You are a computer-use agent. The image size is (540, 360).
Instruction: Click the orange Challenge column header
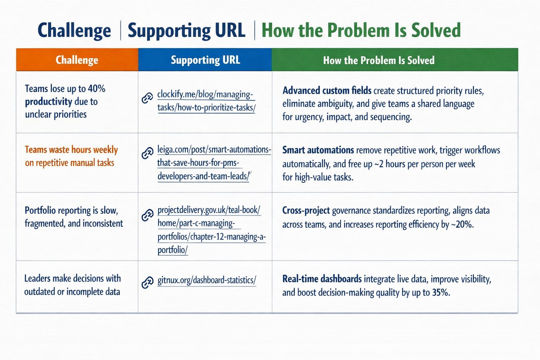pyautogui.click(x=77, y=59)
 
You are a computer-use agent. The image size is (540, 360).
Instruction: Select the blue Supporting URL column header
pyautogui.click(x=205, y=59)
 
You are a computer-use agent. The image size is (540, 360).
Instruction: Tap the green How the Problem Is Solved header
pyautogui.click(x=395, y=59)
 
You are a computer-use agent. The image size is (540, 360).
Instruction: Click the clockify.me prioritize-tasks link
pyautogui.click(x=206, y=101)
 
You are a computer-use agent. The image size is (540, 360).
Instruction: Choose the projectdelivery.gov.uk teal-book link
pyautogui.click(x=211, y=230)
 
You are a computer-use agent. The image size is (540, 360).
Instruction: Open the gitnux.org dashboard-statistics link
pyautogui.click(x=207, y=280)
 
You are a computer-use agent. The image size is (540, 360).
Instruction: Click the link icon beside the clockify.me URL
pyautogui.click(x=147, y=98)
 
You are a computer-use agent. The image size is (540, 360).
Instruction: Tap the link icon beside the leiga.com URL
pyautogui.click(x=147, y=153)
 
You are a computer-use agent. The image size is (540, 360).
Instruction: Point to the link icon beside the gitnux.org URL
pyautogui.click(x=147, y=282)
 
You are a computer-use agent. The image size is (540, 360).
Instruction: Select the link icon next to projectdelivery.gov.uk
pyautogui.click(x=147, y=215)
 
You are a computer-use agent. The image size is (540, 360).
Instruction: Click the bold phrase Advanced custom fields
pyautogui.click(x=327, y=91)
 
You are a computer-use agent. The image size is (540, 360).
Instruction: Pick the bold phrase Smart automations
pyautogui.click(x=318, y=150)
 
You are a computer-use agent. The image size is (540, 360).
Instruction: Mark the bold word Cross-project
pyautogui.click(x=306, y=211)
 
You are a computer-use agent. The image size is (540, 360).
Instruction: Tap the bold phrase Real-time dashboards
pyautogui.click(x=322, y=279)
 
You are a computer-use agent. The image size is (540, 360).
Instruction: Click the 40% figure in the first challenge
pyautogui.click(x=96, y=89)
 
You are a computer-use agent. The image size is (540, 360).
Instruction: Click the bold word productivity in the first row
pyautogui.click(x=49, y=102)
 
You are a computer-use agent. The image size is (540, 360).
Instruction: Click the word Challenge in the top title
pyautogui.click(x=74, y=31)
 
